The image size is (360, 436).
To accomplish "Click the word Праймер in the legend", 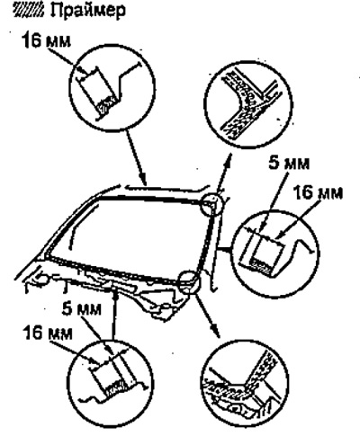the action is (x=88, y=12).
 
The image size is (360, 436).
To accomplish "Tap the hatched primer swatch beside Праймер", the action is (x=29, y=11).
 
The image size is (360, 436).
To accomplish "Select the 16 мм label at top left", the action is (x=46, y=40).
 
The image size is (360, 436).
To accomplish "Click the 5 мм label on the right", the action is (x=289, y=164).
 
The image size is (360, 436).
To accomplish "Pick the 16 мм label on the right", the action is (x=318, y=192).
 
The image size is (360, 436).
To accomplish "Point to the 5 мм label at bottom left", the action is (x=82, y=309).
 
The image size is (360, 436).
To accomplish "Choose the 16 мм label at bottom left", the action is (x=48, y=333).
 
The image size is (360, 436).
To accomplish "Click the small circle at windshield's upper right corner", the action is (x=211, y=204).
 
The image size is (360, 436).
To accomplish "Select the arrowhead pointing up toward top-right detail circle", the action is (x=229, y=158).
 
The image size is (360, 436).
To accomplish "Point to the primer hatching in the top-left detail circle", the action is (x=105, y=105).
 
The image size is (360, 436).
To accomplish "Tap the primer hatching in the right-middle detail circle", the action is (x=264, y=265).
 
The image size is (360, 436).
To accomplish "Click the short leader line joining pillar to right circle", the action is (x=225, y=249).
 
